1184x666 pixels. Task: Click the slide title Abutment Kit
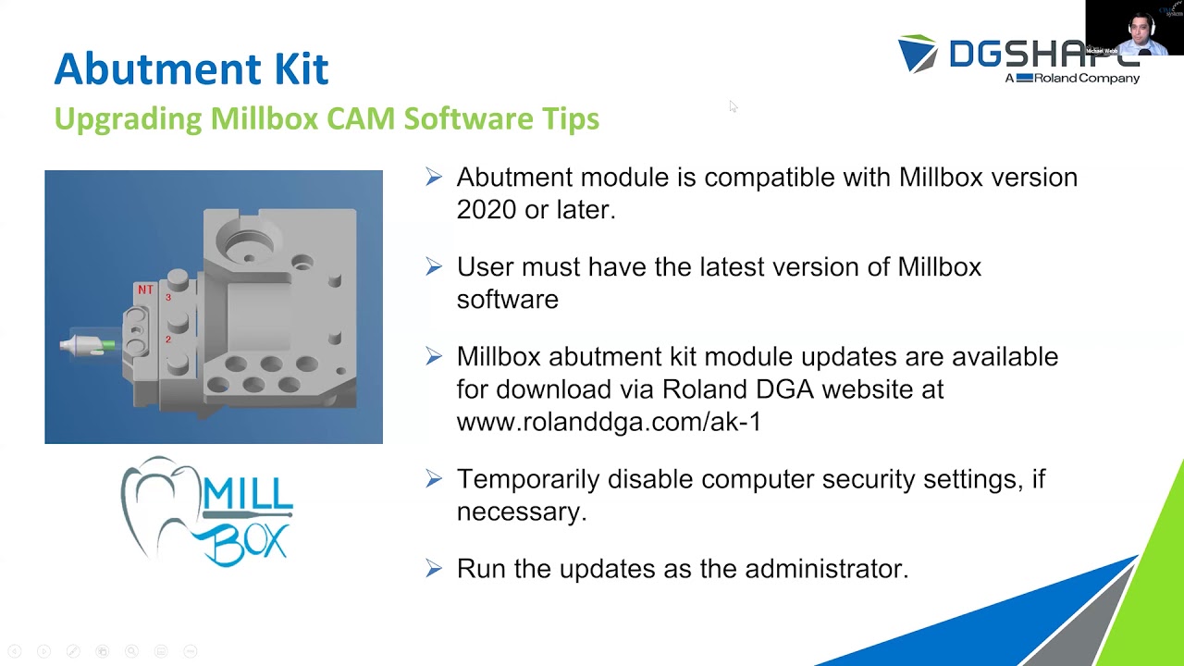point(191,69)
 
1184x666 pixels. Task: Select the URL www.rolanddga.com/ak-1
point(609,422)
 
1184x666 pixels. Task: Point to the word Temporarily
point(527,479)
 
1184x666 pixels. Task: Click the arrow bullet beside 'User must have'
point(434,267)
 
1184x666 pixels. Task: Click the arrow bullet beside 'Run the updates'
point(434,569)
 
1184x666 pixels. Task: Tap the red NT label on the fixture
point(145,290)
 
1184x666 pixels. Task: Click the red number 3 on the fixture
point(168,298)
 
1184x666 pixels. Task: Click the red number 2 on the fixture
point(168,339)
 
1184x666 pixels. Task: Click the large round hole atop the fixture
point(248,242)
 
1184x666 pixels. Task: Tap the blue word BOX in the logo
point(247,541)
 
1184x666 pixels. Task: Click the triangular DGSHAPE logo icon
point(918,54)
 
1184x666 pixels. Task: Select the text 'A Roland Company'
point(1072,79)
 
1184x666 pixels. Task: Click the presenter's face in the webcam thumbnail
point(1140,27)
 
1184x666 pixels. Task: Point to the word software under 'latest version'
point(507,300)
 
